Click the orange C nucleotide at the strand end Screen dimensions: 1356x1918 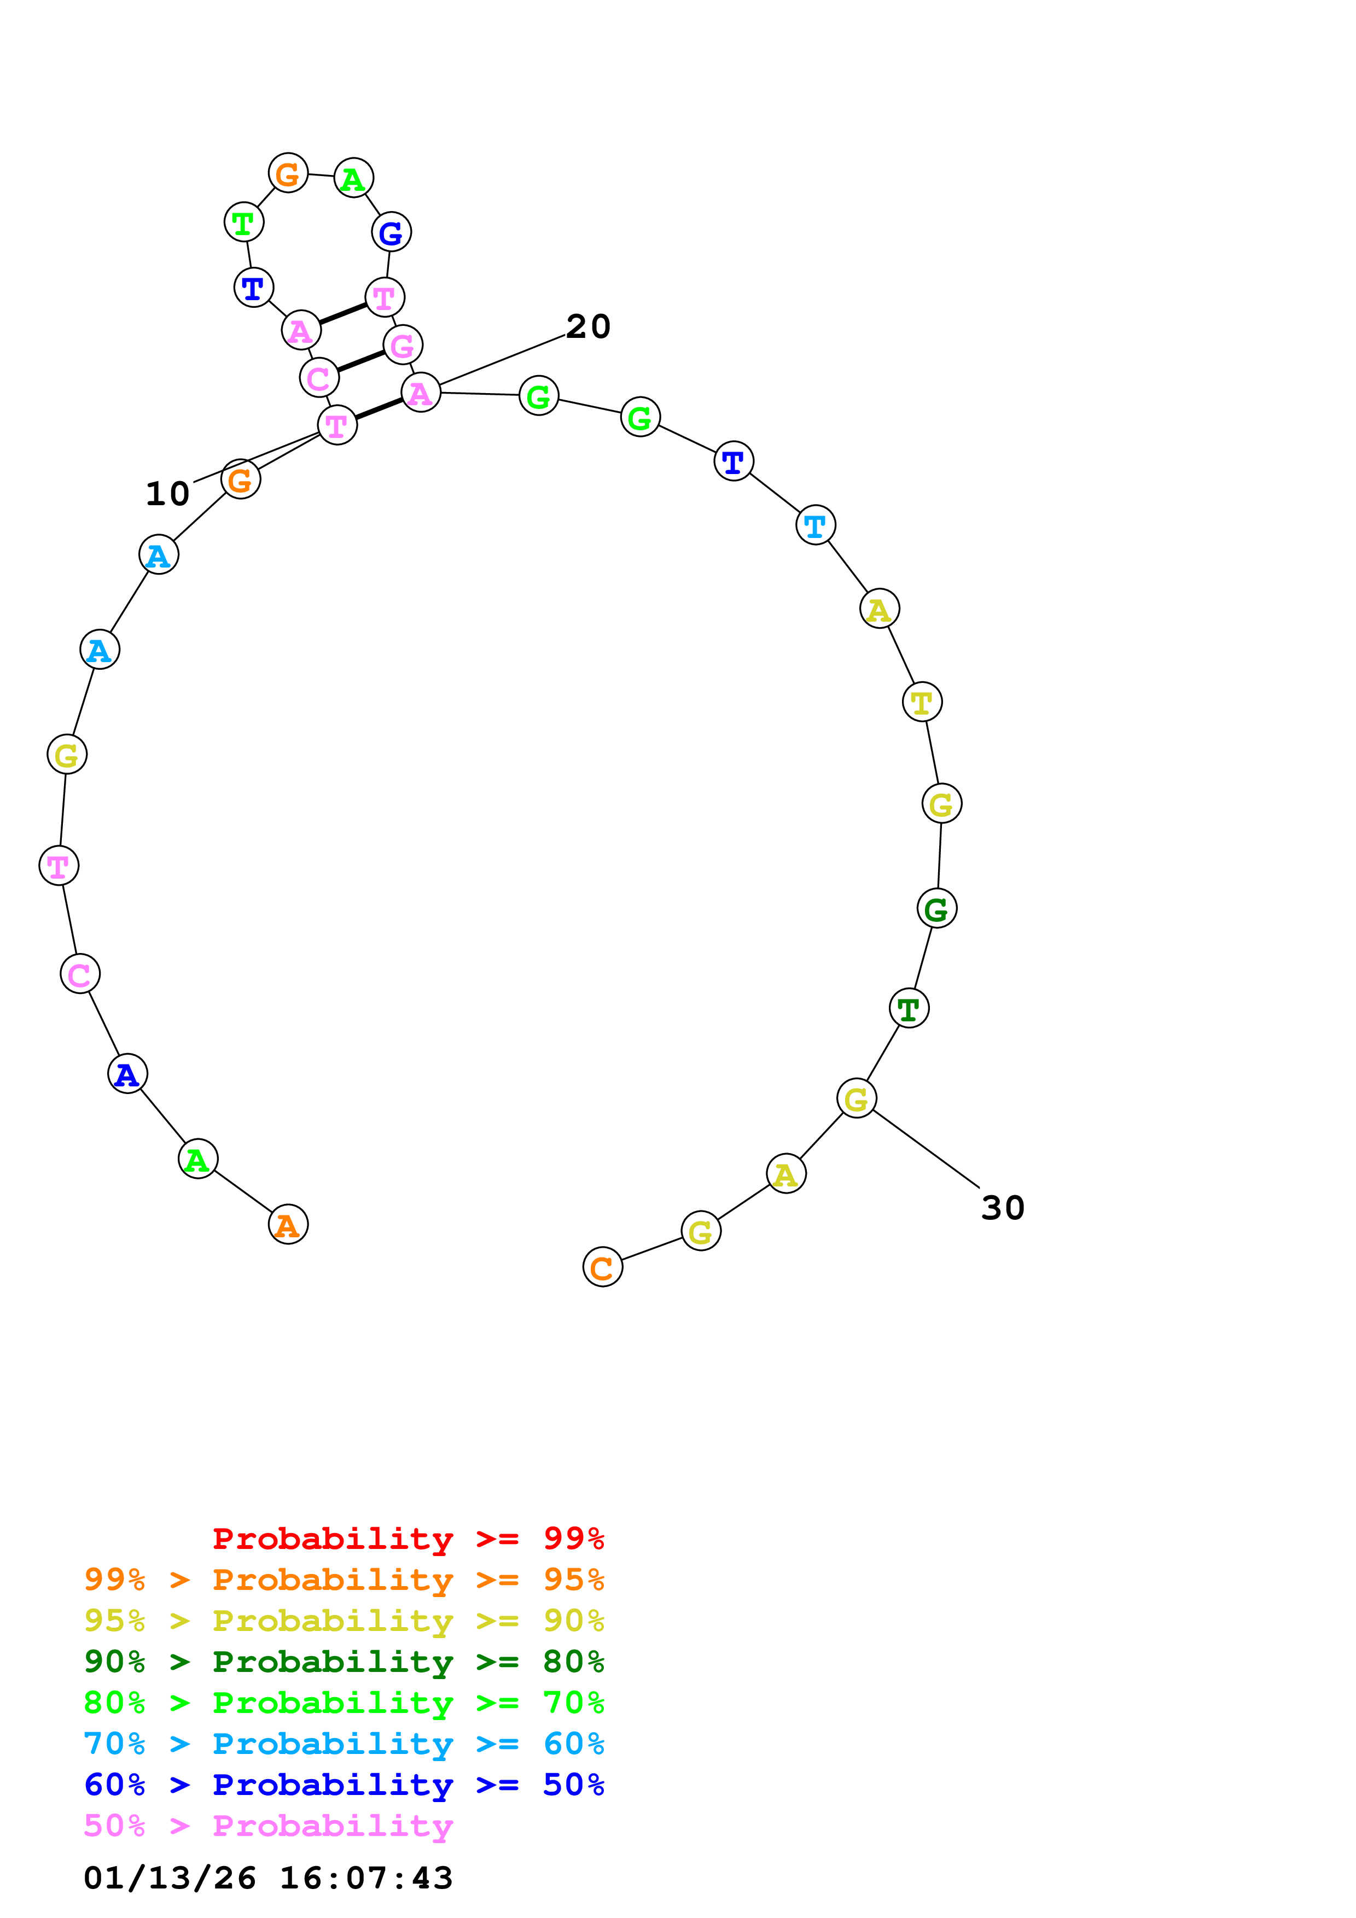click(x=602, y=1267)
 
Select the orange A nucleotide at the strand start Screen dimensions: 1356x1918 click(x=288, y=1225)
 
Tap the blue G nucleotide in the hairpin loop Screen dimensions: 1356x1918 click(x=391, y=232)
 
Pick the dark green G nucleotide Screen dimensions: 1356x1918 click(x=936, y=908)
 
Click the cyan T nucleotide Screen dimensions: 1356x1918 click(x=816, y=525)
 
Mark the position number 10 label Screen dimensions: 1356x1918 click(x=168, y=494)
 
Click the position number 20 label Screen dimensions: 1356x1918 click(x=588, y=326)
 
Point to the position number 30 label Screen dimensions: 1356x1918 click(x=1003, y=1208)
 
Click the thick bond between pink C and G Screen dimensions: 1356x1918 click(x=361, y=361)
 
